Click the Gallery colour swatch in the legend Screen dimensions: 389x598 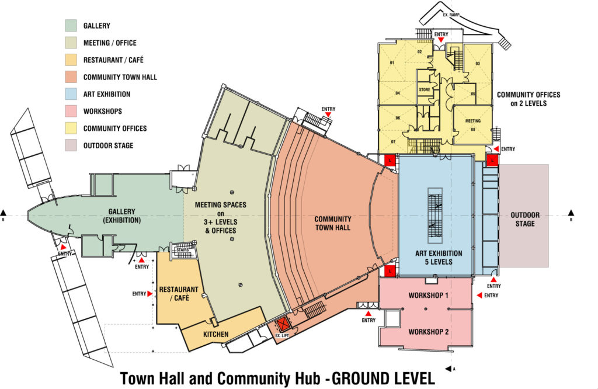coord(71,26)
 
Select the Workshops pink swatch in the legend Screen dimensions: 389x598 coord(71,111)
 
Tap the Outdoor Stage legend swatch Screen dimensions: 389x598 coord(71,145)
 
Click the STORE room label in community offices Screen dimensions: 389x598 coord(425,90)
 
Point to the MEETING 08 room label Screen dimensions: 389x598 coord(472,124)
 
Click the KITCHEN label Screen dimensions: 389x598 coord(215,334)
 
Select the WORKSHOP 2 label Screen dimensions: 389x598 coord(429,332)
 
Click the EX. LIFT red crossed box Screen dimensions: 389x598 coord(284,323)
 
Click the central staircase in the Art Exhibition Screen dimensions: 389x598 coord(435,216)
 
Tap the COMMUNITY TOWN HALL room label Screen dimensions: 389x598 coord(333,223)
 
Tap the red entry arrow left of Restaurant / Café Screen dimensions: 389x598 coord(152,294)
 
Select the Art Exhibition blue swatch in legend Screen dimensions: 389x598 coord(71,94)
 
